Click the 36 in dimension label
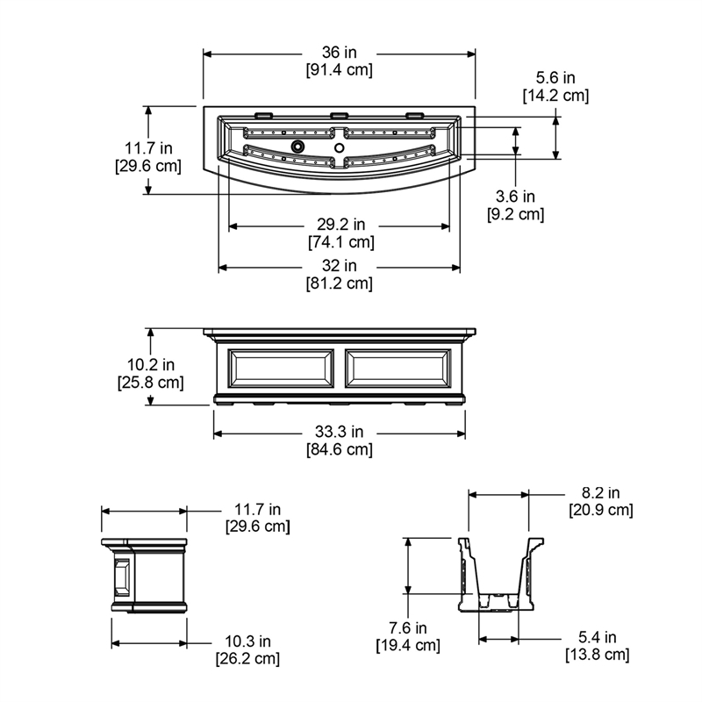339,53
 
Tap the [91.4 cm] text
339,70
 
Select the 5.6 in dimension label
555,78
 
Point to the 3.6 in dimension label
515,196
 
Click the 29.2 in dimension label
341,224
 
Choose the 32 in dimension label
339,266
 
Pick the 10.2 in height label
150,365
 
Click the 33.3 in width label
339,432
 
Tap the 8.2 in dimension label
600,493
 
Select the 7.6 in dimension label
407,627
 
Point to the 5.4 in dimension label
598,637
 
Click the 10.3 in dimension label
247,641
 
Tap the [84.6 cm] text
339,449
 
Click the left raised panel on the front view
281,369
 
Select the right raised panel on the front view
398,369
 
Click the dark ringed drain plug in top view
297,146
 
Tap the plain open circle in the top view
340,147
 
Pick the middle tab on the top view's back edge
340,115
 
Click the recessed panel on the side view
122,577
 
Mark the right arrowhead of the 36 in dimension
471,54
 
